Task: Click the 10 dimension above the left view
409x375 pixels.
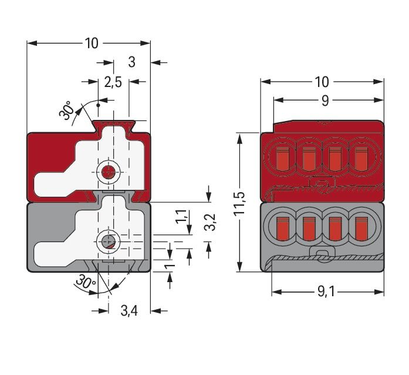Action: (90, 43)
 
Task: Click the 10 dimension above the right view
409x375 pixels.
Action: (322, 82)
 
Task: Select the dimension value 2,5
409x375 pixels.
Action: (113, 82)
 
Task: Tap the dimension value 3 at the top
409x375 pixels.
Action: (131, 62)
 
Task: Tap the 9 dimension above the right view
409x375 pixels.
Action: (325, 101)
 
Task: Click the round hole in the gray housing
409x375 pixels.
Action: (107, 241)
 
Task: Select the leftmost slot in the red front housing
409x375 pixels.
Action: (281, 158)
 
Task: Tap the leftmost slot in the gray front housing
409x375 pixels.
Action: (281, 226)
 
